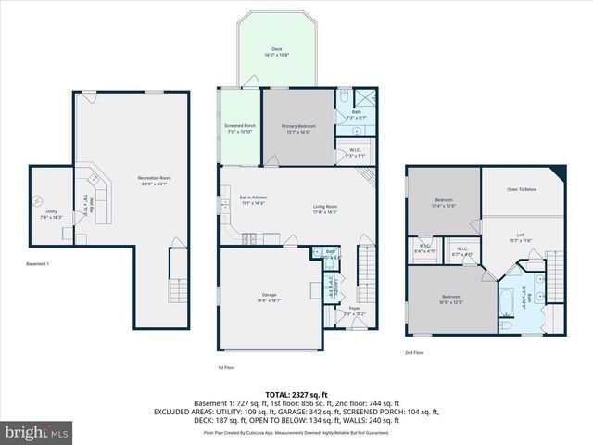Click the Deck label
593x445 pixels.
277,49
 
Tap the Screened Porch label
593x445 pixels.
239,126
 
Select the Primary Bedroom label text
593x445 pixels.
298,126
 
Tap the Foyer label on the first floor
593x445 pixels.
354,308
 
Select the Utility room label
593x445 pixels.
51,211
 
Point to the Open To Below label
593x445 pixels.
522,188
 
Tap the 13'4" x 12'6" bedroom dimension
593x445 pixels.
444,207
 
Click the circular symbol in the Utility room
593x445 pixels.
38,200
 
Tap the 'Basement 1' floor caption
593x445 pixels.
38,264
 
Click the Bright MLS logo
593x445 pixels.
37,432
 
